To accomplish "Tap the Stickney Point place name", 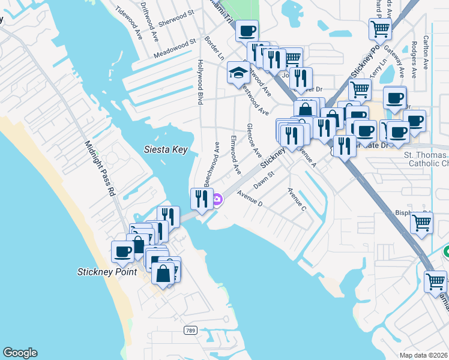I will click(107, 271).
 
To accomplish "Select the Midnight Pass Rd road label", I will click(100, 169).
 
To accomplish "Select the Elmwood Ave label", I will click(235, 155).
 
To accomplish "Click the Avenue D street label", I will click(250, 199).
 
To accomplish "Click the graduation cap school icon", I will click(238, 73).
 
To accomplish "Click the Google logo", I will click(20, 353).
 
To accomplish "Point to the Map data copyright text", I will click(424, 355).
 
